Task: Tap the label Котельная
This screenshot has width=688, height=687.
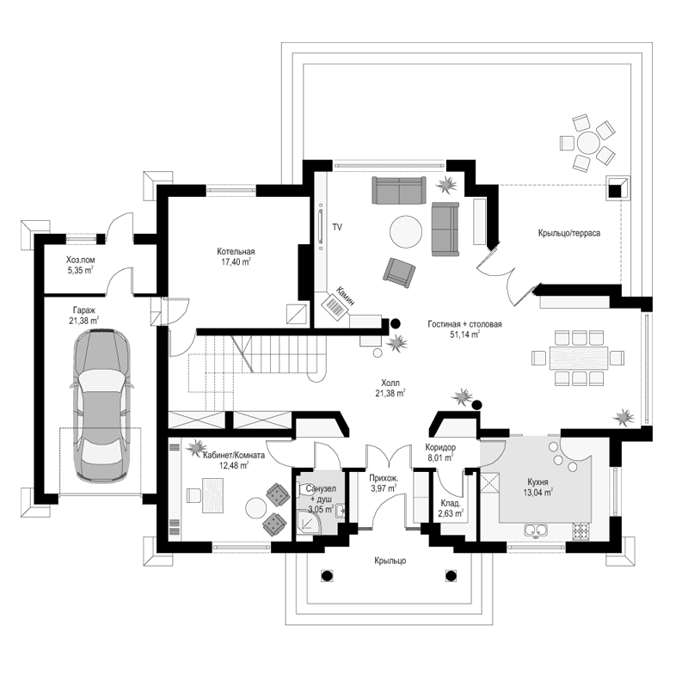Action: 236,252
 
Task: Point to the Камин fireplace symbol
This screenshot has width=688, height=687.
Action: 335,304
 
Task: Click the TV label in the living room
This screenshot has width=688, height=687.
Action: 337,227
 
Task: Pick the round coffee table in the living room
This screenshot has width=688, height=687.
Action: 406,231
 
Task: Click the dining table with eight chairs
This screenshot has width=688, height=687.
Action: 578,357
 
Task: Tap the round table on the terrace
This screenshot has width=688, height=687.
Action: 587,142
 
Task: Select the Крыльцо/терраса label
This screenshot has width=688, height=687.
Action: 569,233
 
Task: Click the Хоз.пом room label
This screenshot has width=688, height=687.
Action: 80,261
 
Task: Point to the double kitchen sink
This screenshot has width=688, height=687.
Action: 536,531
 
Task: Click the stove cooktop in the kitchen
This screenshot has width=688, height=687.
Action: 581,531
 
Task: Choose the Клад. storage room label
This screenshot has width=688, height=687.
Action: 451,503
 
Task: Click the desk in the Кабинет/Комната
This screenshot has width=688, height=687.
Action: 212,495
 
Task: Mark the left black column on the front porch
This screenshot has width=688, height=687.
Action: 327,575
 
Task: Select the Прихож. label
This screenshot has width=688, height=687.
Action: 384,479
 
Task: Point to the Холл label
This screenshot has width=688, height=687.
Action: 390,383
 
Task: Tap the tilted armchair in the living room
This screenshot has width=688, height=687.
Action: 399,273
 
